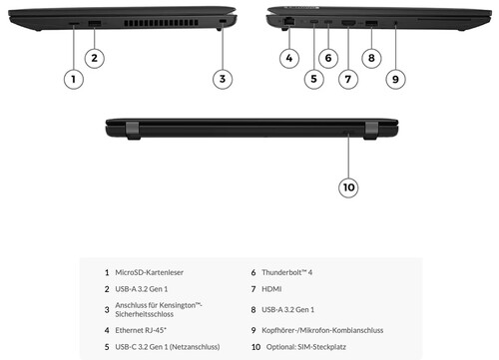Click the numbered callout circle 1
pos(73,79)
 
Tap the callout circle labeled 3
pos(223,79)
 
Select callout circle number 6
pos(328,58)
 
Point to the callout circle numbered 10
pos(348,187)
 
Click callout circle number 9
pos(395,79)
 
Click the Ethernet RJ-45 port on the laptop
pos(289,22)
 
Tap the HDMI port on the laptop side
pos(348,23)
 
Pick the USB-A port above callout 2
pos(95,24)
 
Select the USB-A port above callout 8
pos(371,23)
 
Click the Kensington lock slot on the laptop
pos(223,22)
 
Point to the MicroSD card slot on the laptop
pos(74,24)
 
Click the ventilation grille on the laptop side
pos(161,23)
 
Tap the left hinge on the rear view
pos(132,130)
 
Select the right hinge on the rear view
pos(370,131)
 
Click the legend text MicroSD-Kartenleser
pos(149,272)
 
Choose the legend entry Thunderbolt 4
pos(286,272)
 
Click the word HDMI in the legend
pos(271,289)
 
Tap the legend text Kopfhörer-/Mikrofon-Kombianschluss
pos(322,330)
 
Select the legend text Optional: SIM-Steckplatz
pos(306,347)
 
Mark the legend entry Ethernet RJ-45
pos(141,330)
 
